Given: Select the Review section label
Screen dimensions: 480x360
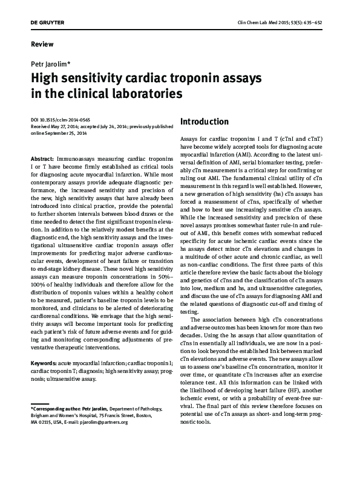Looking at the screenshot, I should (41, 44).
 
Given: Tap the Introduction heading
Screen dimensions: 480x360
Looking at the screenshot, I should (205, 122).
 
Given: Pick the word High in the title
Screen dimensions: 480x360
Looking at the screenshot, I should (45, 79).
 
